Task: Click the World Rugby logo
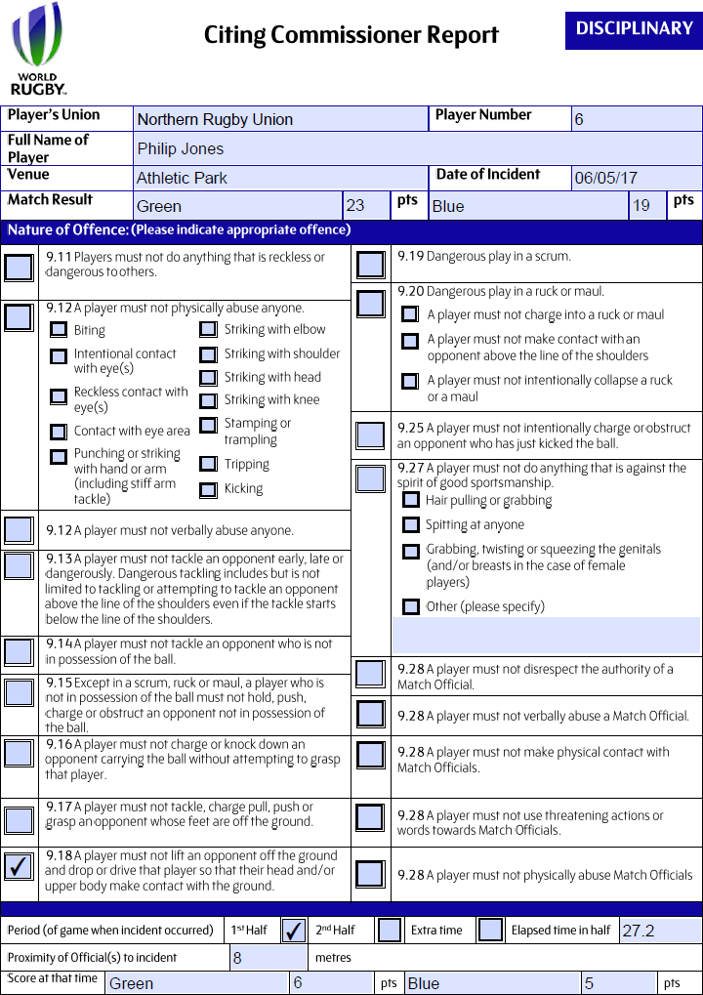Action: tap(39, 49)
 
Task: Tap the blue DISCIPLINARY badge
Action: tap(634, 29)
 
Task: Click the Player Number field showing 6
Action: tap(636, 119)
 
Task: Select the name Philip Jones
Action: tap(181, 148)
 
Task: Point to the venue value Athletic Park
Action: tap(182, 178)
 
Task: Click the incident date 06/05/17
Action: tap(606, 178)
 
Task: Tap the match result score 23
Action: tap(355, 205)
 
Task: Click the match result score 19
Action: tap(641, 205)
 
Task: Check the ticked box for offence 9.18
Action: tap(19, 867)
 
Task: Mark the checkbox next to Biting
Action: tap(59, 330)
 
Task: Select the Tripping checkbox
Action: tap(208, 465)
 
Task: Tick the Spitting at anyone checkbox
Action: tap(411, 525)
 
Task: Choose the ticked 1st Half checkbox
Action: tap(293, 931)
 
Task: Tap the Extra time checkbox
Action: tap(491, 930)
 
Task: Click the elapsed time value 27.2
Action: tap(639, 931)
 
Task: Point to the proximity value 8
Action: tap(237, 958)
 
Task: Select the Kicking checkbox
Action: tap(208, 490)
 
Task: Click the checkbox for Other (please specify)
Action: tap(411, 606)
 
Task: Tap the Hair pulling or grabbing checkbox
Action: tap(411, 500)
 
